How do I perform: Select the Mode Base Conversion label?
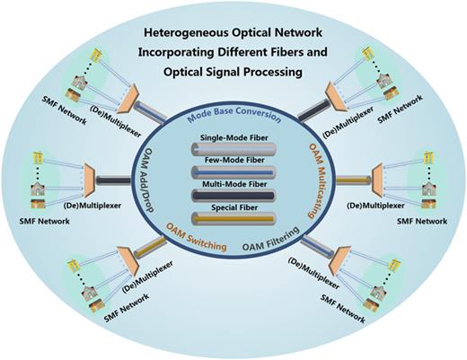click(233, 118)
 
